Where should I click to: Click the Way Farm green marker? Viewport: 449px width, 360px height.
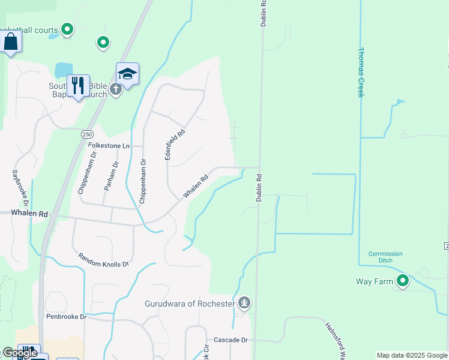coord(402,280)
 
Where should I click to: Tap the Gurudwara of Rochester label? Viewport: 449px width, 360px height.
coord(190,303)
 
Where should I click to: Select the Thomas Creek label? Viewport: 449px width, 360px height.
coord(361,72)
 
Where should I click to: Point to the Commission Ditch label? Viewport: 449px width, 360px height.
coord(385,257)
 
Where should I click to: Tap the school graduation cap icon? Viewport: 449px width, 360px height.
coord(127,74)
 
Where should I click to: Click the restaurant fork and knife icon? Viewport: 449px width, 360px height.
coord(78,86)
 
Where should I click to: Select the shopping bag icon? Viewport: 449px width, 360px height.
coord(11,42)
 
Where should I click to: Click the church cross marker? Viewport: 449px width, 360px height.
coord(116,89)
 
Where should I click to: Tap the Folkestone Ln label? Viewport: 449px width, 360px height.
coord(109,146)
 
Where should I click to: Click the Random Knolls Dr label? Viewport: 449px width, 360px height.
coord(103,260)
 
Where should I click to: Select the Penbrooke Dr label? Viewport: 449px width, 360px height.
coord(66,316)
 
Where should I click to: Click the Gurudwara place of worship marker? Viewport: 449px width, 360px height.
coord(244,301)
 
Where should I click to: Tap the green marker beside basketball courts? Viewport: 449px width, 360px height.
coord(67,29)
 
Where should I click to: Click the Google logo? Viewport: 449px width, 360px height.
coord(19,353)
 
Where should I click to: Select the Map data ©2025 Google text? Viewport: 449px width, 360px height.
coord(412,355)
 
